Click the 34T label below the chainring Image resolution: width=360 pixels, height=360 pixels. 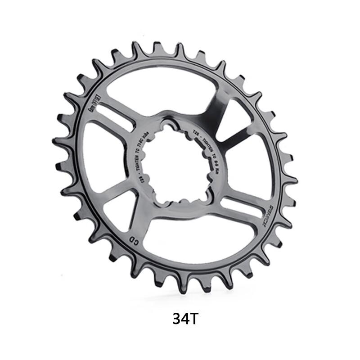coord(185,319)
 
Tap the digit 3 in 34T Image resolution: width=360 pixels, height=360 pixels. coord(176,319)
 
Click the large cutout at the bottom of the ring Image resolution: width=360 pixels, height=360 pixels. coord(193,241)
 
